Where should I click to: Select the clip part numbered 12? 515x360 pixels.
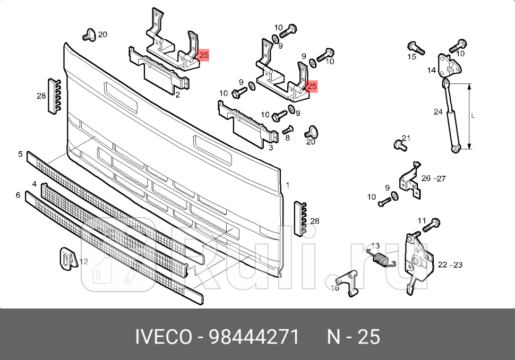point(65,259)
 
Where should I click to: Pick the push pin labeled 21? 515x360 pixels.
point(398,144)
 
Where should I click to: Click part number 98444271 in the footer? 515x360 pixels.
point(254,337)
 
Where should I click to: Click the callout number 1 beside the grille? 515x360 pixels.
point(287,185)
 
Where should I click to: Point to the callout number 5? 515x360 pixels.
point(20,155)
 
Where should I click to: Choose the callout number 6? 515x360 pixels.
point(18,195)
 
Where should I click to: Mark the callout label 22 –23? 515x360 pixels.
point(450,264)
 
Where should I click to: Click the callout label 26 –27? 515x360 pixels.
point(433,178)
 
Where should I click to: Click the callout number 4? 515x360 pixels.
point(34,184)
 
